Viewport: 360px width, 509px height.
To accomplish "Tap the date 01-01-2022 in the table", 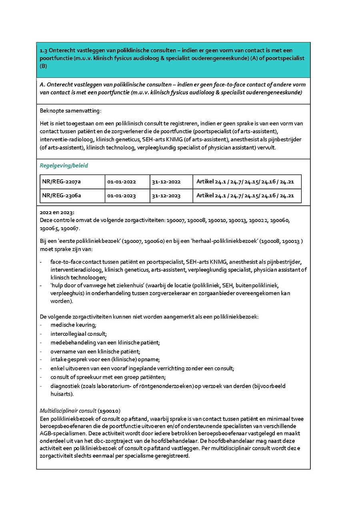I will point(122,182).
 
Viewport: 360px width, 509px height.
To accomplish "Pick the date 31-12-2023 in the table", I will point(166,196).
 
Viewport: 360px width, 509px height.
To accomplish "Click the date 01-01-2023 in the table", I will point(122,196).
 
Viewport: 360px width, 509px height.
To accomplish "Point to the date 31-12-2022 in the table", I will point(166,182).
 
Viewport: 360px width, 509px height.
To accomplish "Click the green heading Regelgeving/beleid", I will point(64,165).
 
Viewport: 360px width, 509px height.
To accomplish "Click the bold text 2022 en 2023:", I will point(57,212).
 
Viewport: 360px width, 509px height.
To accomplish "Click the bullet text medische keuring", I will point(74,325).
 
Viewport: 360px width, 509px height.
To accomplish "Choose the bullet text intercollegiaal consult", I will point(78,334).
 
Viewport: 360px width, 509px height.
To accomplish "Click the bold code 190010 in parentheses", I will point(110,411).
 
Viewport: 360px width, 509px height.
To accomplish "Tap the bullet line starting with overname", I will point(95,351).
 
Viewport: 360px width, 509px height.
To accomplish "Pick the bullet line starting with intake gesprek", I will point(105,360).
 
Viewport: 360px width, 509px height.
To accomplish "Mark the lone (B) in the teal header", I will point(44,66).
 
